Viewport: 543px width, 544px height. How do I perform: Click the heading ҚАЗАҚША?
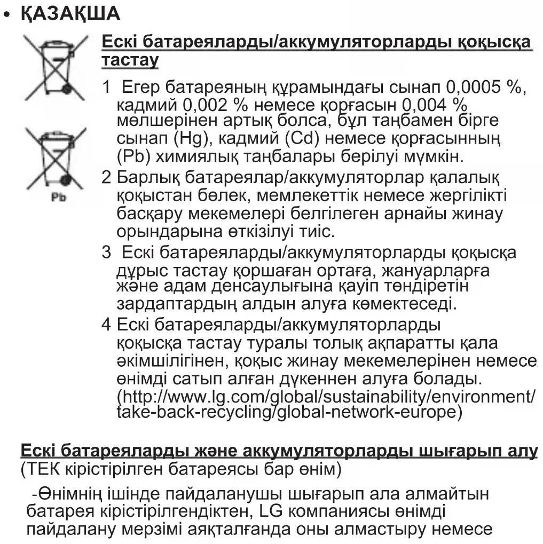[70, 14]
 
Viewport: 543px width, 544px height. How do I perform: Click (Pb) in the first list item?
[133, 157]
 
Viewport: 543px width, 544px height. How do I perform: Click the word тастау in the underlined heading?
[130, 60]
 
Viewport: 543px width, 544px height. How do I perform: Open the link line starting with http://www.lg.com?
[326, 397]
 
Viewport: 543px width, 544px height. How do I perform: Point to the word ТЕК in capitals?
[44, 470]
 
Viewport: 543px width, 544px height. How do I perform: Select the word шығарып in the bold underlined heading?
[455, 452]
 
